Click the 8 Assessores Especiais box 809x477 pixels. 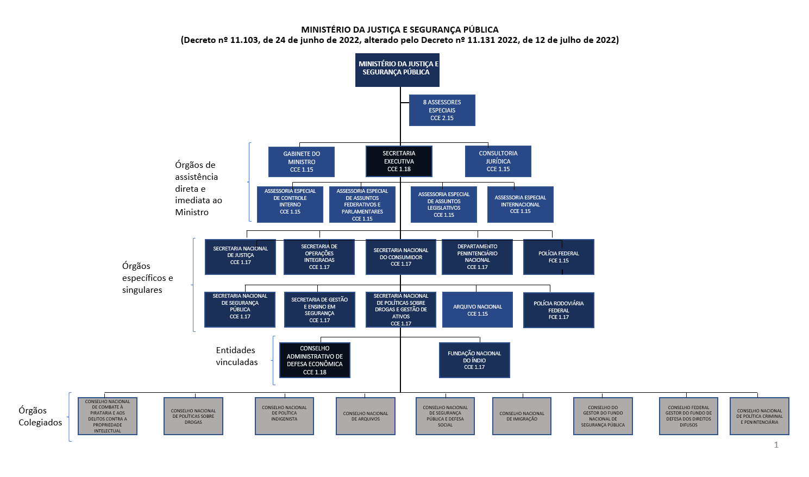(x=442, y=110)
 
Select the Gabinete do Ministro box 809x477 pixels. (x=302, y=162)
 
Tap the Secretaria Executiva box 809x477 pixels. (x=399, y=161)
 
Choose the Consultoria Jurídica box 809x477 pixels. (x=498, y=161)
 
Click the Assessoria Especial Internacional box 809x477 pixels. (x=520, y=204)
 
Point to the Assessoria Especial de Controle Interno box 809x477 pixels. (x=290, y=204)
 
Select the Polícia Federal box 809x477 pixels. (x=558, y=257)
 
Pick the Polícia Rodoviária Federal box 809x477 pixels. (x=558, y=310)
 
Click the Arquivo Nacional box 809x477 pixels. (x=477, y=310)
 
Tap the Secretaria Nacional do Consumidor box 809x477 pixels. (x=400, y=257)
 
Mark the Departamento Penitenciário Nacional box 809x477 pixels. (x=477, y=257)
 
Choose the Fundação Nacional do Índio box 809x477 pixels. (x=474, y=360)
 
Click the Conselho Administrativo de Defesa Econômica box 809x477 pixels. (x=315, y=360)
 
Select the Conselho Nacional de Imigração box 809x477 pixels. (x=522, y=416)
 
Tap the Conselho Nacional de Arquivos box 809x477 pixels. (x=365, y=416)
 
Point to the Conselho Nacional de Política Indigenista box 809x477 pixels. (x=284, y=416)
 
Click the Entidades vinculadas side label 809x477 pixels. (x=236, y=356)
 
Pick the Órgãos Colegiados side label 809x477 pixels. (x=40, y=417)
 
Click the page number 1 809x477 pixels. (x=776, y=445)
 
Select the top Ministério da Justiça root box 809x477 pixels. (x=397, y=70)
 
